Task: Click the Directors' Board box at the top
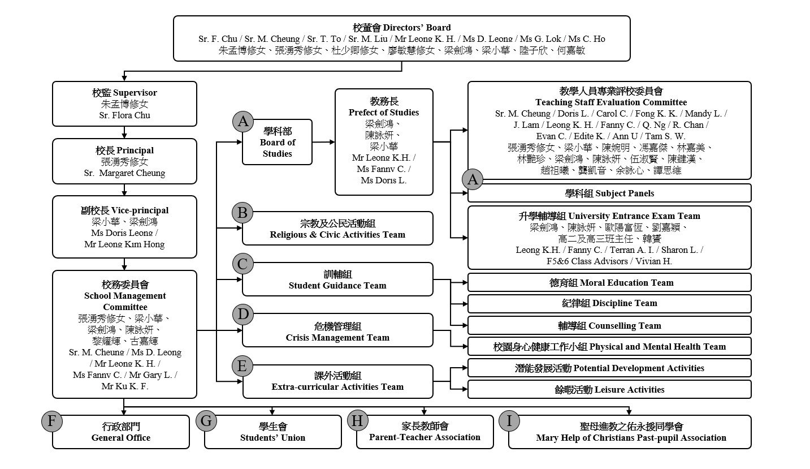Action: (401, 38)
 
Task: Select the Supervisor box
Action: (124, 104)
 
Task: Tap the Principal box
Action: (124, 161)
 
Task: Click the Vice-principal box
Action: (124, 226)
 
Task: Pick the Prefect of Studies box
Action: (384, 141)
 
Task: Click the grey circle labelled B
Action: (242, 213)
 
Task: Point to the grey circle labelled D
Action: (242, 315)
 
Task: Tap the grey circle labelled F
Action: (52, 421)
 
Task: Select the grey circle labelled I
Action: (509, 421)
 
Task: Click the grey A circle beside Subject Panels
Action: (473, 180)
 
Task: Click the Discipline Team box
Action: (609, 303)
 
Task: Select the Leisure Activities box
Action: (609, 389)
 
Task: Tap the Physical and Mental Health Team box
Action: (609, 346)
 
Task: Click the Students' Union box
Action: (272, 432)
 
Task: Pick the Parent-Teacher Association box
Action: (425, 432)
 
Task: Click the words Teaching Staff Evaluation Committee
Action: (611, 102)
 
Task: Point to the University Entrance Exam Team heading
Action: (609, 216)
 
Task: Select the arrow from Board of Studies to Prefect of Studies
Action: (323, 142)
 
